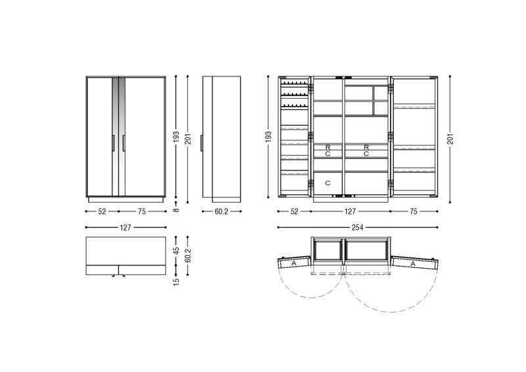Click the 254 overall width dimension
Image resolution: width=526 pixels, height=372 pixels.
(357, 228)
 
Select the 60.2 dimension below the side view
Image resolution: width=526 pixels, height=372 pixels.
(222, 211)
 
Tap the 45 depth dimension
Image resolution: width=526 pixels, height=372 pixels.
(176, 251)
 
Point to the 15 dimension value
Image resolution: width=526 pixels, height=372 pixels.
(176, 281)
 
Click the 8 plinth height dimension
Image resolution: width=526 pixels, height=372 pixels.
(176, 210)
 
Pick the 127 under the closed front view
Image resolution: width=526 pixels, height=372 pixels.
(126, 228)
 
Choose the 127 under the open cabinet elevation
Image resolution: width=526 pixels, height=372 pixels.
(350, 211)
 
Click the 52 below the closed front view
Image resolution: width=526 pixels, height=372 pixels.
(102, 211)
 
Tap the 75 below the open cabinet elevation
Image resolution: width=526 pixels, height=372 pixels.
(414, 211)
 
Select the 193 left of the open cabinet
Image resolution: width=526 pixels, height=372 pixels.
(268, 137)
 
